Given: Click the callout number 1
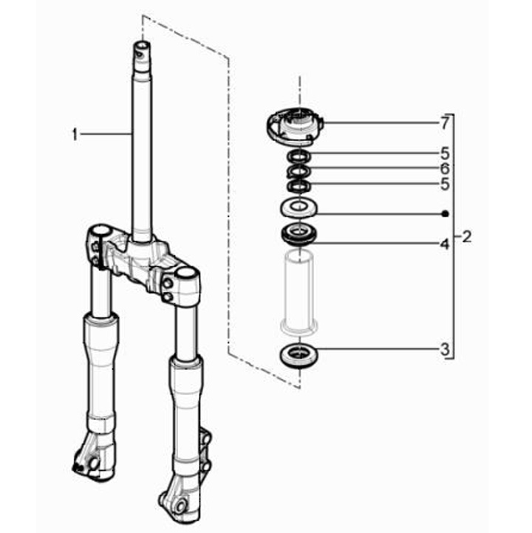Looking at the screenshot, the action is click(x=75, y=135).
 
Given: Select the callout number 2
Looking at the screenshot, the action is click(x=467, y=236).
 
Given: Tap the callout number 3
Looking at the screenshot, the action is click(x=445, y=349).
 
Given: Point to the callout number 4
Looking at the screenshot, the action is click(x=445, y=244).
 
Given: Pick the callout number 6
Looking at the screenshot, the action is click(x=445, y=168).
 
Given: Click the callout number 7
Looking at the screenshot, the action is click(x=445, y=123).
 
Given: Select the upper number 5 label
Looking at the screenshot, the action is click(x=445, y=154).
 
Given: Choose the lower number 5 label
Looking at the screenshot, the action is click(x=445, y=185).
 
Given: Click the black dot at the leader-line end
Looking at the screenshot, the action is click(x=445, y=214).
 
